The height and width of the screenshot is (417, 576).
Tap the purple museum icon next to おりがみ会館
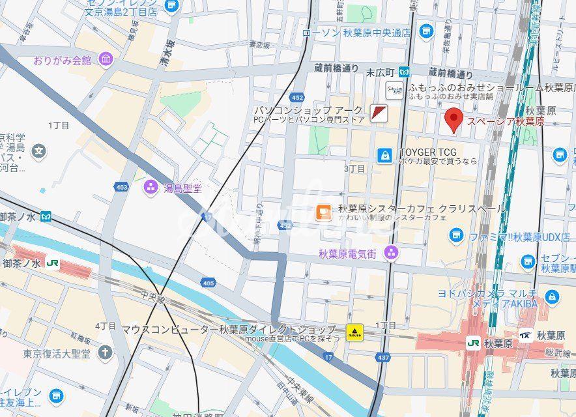click(105, 60)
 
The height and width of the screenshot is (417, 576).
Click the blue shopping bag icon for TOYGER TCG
click(386, 155)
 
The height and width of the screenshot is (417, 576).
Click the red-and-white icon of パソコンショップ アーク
click(379, 113)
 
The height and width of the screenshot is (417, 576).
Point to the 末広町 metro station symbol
click(405, 72)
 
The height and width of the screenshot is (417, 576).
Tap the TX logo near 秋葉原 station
click(525, 336)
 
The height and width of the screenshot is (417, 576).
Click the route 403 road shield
click(121, 187)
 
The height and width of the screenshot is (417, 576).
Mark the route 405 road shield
click(209, 282)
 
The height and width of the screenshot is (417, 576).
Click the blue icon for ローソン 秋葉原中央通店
click(426, 31)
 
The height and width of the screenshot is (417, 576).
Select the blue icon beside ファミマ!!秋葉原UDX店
click(456, 235)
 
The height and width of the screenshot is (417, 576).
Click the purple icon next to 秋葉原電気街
click(391, 252)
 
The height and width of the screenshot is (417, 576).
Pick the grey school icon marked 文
click(39, 151)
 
